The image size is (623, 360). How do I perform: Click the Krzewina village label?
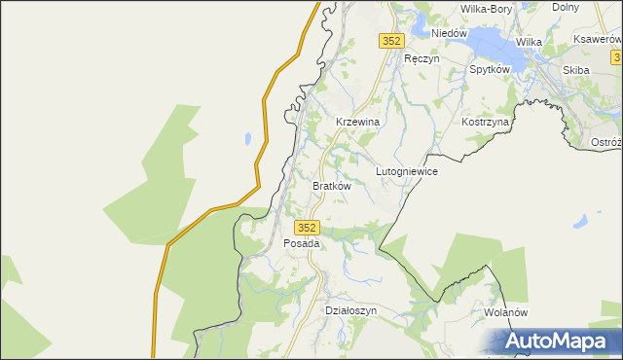356,122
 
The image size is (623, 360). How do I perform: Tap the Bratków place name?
331,185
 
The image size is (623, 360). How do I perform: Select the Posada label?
302,243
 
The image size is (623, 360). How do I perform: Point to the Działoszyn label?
349,310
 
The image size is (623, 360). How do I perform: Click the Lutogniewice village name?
407,171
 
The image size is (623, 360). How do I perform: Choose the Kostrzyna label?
486,123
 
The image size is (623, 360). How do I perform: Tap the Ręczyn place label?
422,58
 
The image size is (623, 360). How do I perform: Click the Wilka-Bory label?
486,9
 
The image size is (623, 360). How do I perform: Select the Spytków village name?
490,70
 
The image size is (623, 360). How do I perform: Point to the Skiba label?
576,70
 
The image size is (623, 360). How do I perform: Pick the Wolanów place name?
505,313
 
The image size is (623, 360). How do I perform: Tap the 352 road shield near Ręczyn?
390,41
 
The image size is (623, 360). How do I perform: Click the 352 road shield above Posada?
306,227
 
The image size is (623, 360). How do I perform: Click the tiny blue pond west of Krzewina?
248,137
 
